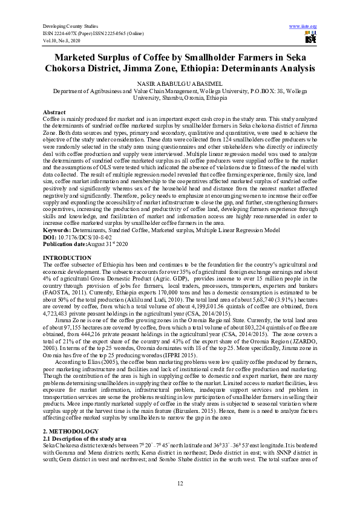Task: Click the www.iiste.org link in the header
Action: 307,27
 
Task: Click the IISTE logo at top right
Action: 310,38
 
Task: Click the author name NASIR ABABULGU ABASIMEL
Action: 179,83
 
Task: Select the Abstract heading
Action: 54,113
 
